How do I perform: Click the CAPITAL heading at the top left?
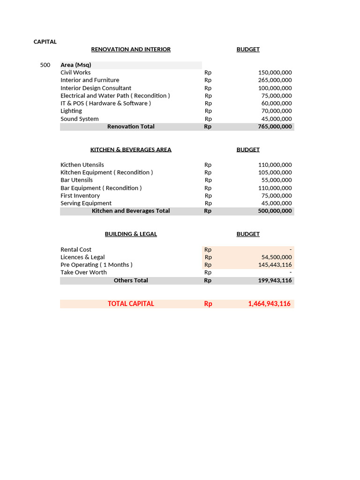45,42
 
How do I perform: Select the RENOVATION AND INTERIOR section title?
131,49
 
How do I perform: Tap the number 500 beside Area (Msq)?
45,65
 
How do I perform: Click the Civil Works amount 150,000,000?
275,73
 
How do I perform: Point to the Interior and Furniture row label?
90,80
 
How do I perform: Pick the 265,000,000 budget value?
275,80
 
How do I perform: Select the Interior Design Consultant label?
96,88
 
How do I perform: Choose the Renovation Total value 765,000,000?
275,127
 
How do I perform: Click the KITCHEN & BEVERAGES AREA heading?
131,150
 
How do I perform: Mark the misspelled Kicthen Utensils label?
82,165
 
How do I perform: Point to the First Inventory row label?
80,195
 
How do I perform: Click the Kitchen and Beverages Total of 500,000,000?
275,211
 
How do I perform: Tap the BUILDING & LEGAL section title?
131,234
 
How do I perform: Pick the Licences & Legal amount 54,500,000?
277,257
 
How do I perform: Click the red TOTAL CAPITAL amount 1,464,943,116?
269,304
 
